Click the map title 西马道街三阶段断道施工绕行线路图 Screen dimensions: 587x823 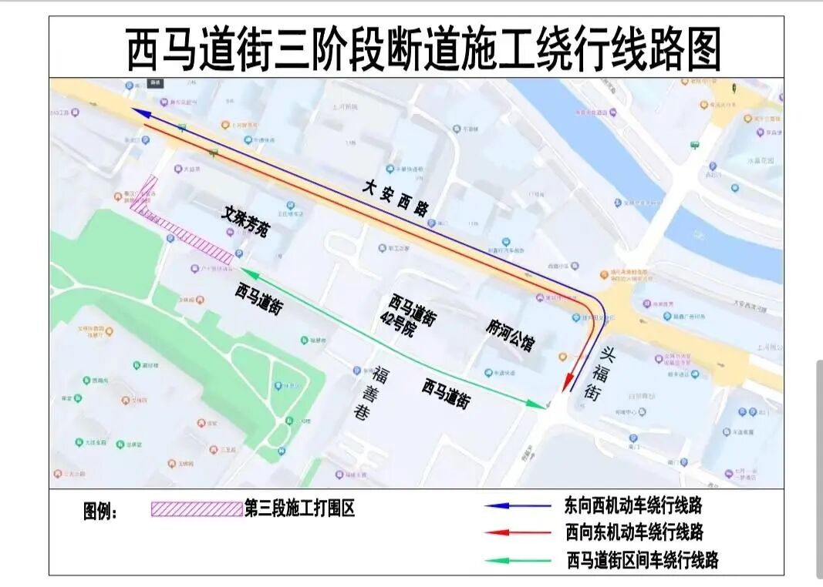(423, 49)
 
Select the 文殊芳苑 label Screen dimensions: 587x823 (245, 221)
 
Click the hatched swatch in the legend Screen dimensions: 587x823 (196, 509)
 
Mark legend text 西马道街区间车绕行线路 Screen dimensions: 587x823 (642, 560)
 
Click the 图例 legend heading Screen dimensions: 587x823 (100, 512)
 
